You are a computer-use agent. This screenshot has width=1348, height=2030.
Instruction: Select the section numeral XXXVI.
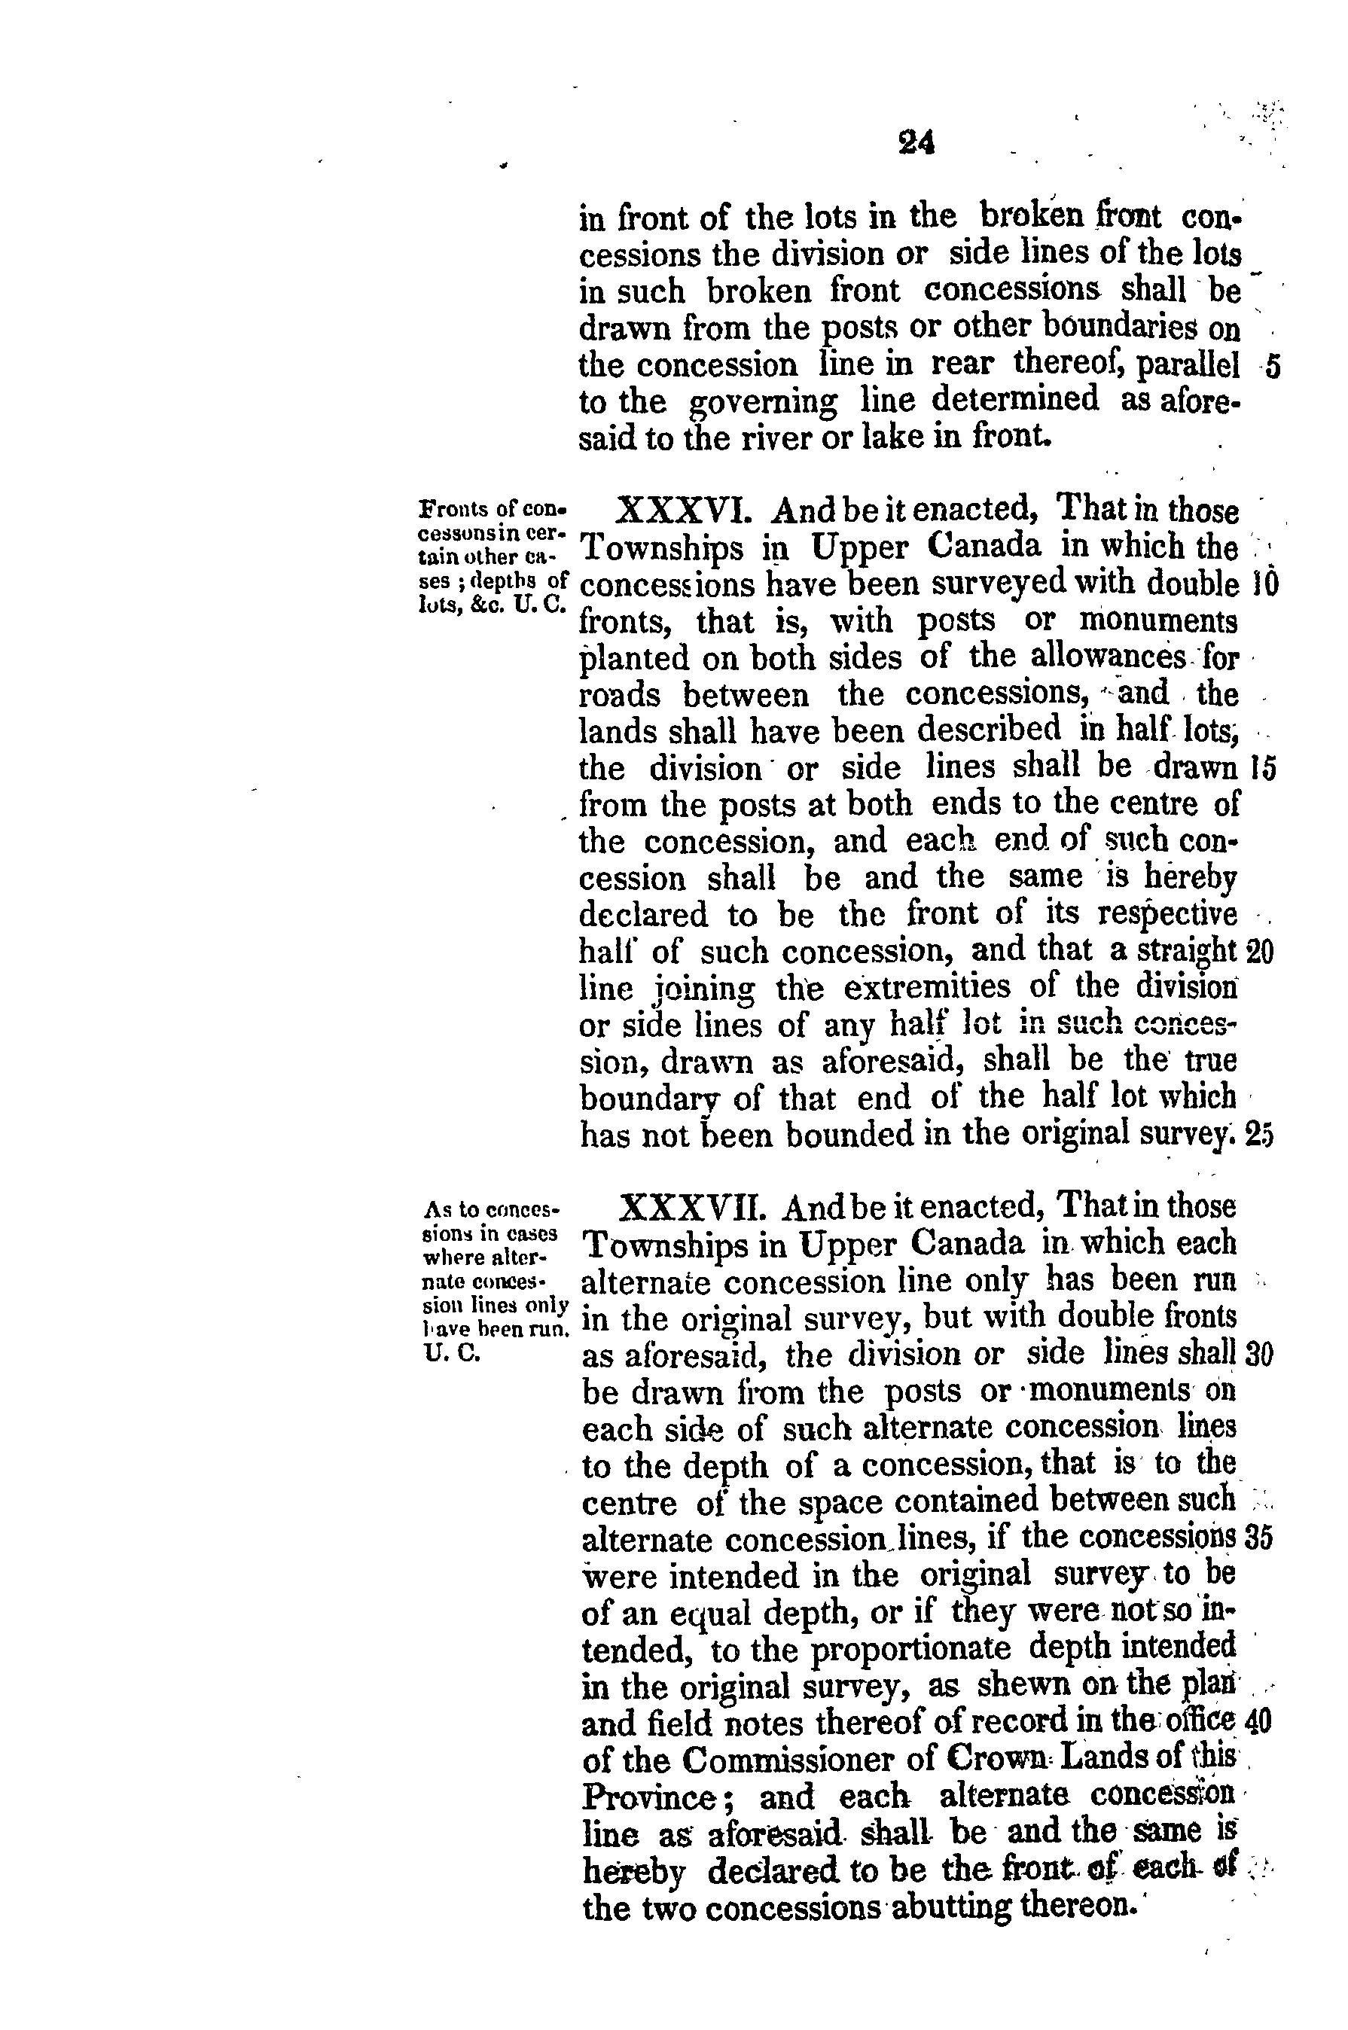[686, 512]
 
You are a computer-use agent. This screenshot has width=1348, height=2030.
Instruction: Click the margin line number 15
[1263, 767]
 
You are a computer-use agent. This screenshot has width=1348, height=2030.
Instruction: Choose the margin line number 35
[1258, 1539]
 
